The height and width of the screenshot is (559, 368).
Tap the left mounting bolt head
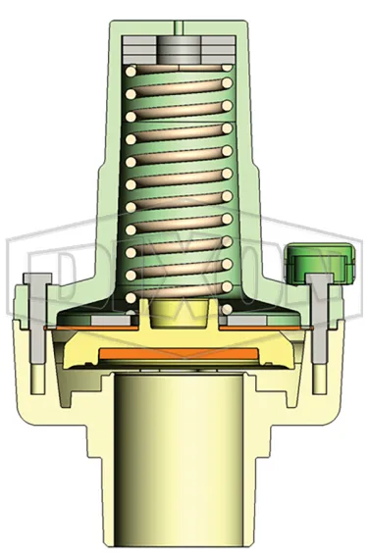point(36,281)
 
